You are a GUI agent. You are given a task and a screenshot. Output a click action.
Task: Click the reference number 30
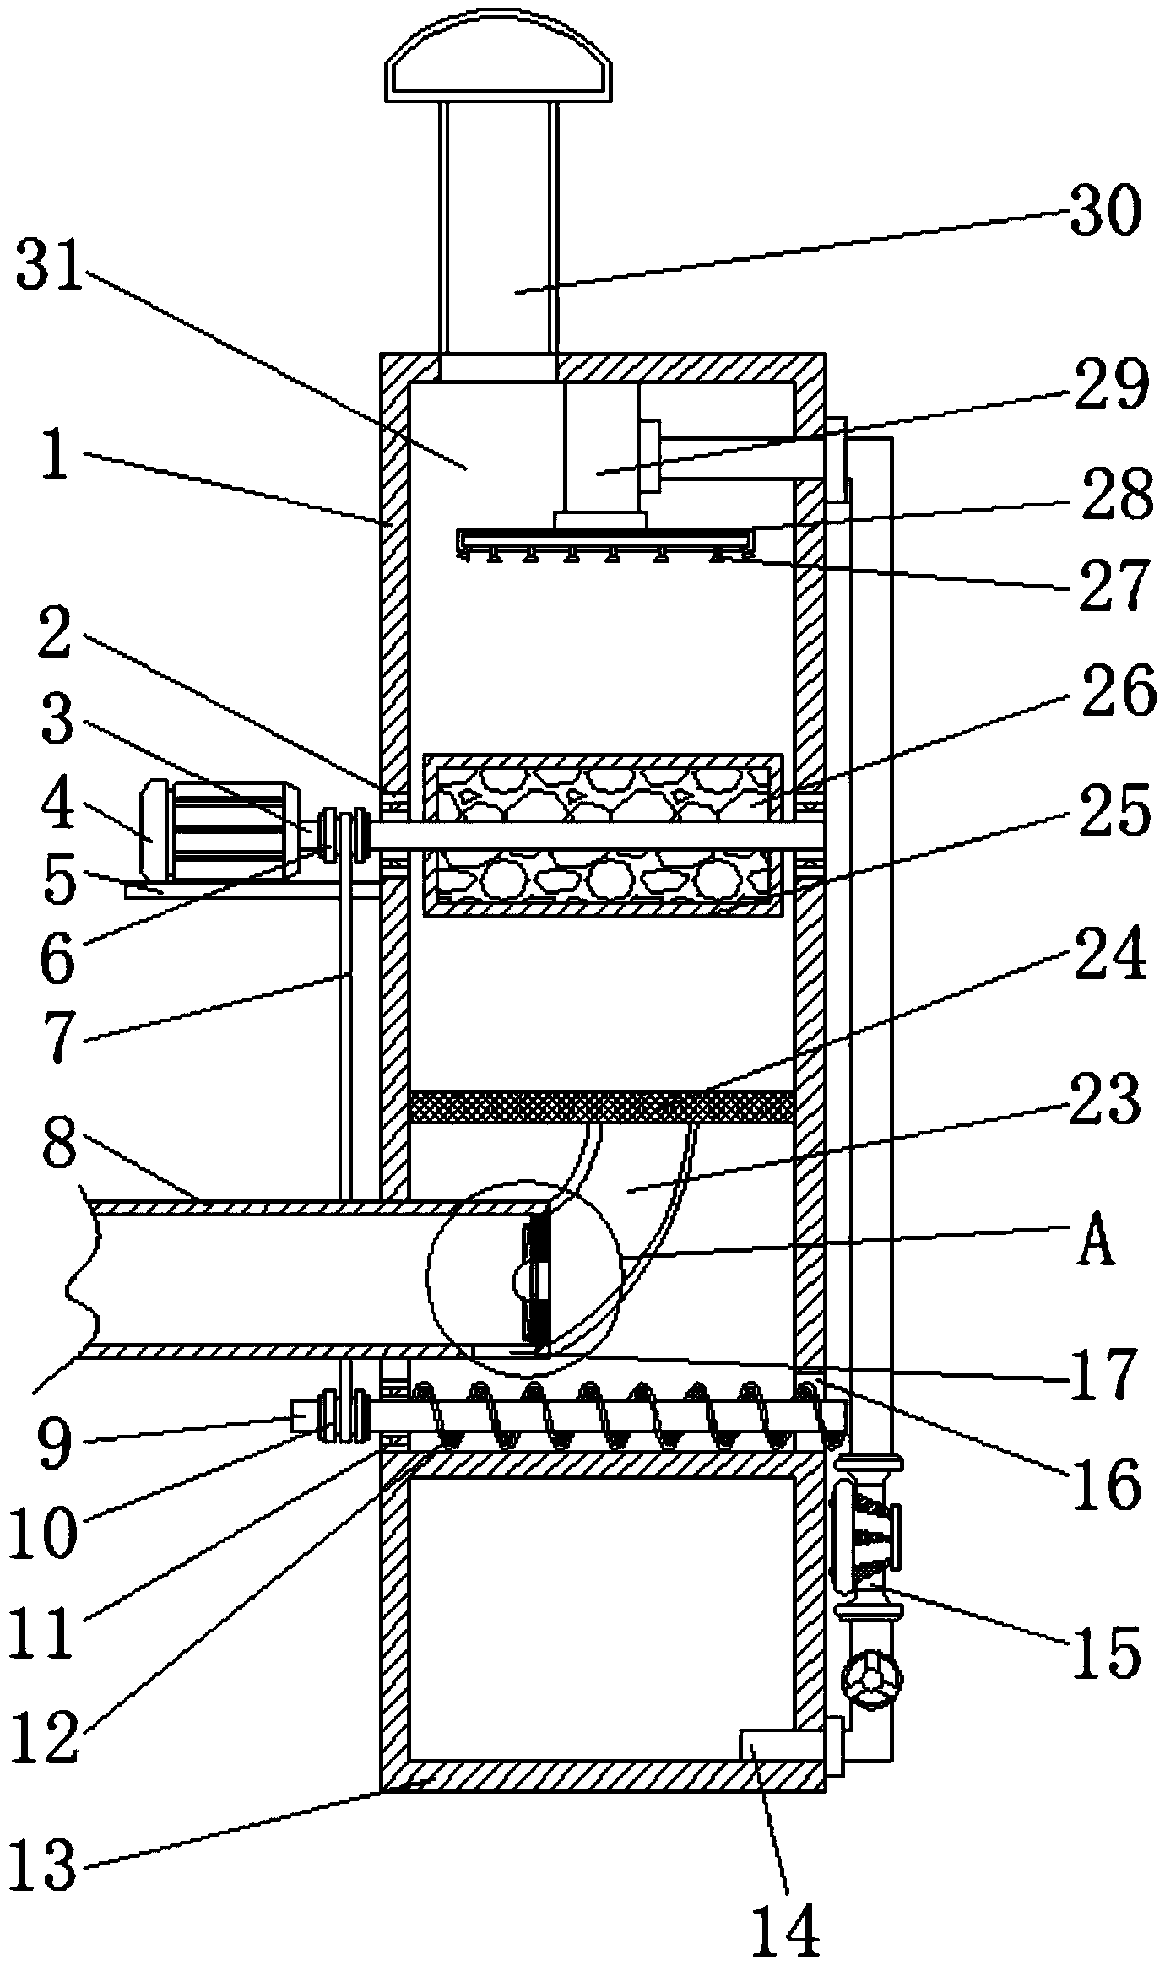tap(1105, 211)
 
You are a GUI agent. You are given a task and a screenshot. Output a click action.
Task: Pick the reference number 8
tap(59, 1149)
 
